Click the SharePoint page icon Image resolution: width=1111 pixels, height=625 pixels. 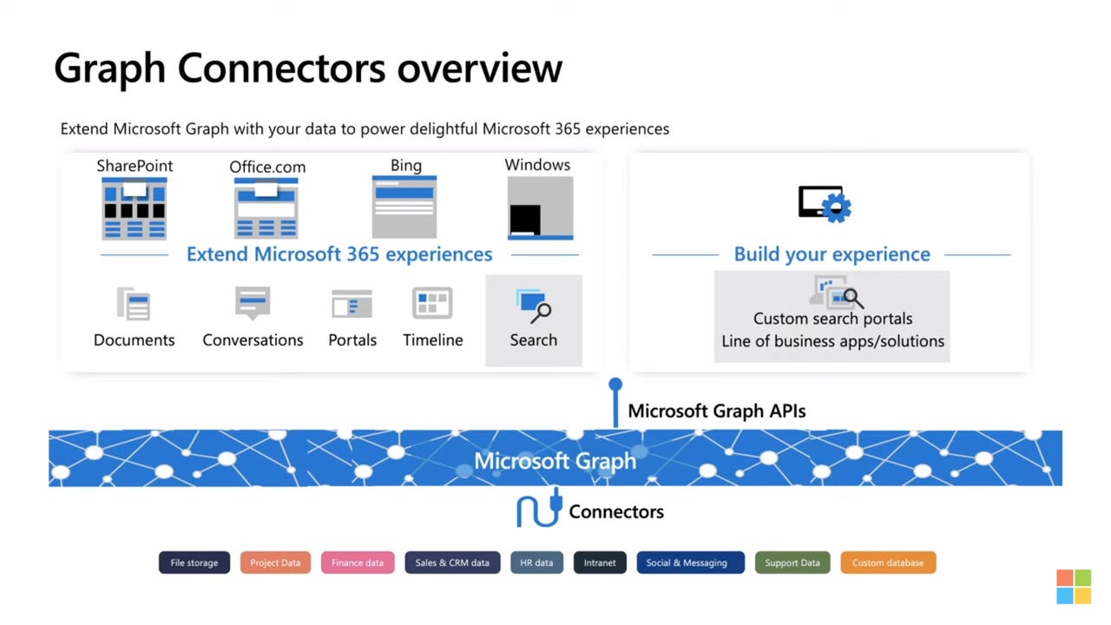134,208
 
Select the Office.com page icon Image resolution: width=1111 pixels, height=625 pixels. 266,208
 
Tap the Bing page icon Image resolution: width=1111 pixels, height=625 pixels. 404,207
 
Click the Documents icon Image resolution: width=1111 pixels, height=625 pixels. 134,305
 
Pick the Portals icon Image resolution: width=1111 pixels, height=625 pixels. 352,305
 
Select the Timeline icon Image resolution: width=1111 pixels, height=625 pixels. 432,304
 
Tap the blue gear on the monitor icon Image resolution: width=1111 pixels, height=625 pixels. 837,208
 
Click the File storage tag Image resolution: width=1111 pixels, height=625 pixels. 194,562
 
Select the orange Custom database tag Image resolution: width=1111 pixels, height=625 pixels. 887,562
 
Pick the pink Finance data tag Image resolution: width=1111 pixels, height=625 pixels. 358,562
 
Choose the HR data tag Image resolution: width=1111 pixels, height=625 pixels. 536,562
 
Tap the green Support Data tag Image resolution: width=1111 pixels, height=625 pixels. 792,562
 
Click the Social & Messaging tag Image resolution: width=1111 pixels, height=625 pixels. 690,562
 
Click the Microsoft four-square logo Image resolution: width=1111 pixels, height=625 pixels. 1074,587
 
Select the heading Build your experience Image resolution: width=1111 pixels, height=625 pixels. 832,254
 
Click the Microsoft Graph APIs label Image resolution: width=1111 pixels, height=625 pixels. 716,411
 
